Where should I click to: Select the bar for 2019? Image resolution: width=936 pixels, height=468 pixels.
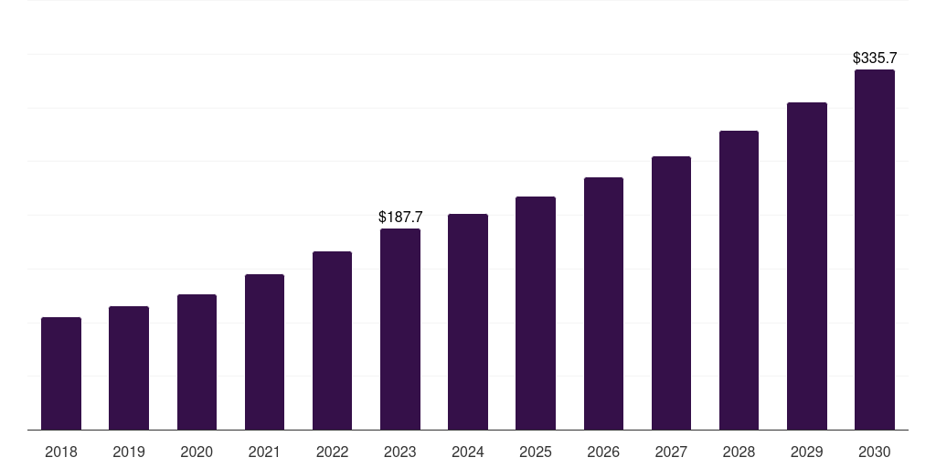(129, 367)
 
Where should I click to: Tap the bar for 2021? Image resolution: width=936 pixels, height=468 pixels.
(264, 352)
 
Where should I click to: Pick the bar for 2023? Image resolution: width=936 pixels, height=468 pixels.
(400, 329)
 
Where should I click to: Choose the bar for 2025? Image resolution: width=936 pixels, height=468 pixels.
(536, 313)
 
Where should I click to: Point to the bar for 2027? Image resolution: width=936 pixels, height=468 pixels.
(671, 292)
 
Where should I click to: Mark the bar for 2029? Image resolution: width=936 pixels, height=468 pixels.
(807, 266)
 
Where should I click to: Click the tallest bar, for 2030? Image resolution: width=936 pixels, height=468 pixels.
(875, 250)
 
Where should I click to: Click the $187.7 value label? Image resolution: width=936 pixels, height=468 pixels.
(400, 218)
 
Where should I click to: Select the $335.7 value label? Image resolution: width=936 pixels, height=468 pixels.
(875, 58)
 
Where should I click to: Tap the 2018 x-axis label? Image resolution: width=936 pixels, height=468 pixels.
(61, 452)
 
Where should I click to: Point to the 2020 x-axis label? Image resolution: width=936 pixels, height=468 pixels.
(197, 452)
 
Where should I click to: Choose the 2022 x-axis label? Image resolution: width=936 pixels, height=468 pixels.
(333, 452)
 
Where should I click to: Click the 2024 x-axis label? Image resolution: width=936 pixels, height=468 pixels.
(468, 452)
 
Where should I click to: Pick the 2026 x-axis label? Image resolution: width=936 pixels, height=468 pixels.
(603, 452)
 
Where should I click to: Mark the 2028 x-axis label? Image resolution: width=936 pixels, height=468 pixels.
(739, 452)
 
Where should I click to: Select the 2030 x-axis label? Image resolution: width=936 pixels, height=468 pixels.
(875, 452)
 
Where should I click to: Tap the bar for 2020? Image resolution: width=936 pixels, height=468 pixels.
(197, 362)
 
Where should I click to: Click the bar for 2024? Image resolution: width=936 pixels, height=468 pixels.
(468, 322)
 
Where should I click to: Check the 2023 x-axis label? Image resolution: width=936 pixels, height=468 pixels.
(400, 452)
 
